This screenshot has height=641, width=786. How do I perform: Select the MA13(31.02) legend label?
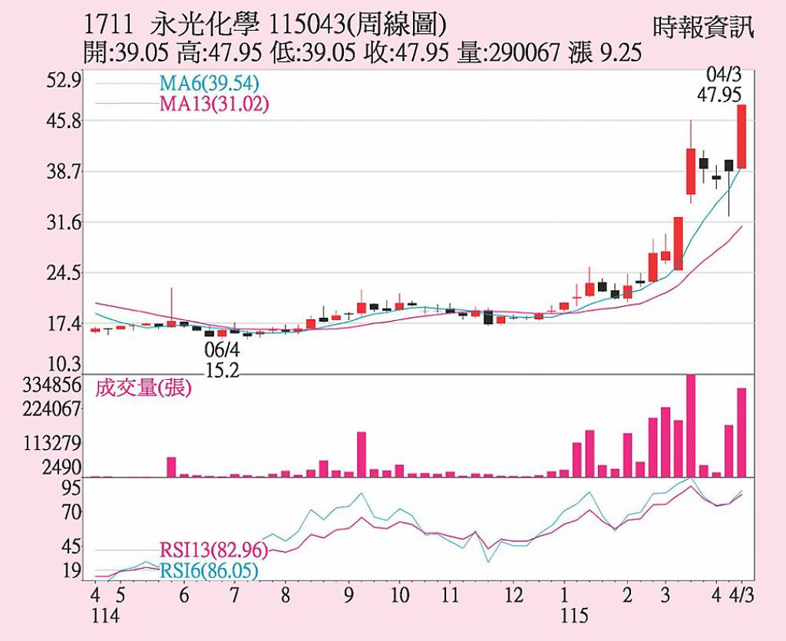(214, 104)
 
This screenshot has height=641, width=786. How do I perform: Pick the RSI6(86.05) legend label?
(209, 570)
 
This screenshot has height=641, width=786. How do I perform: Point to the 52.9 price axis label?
(62, 81)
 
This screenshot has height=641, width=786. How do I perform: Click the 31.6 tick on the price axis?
(62, 223)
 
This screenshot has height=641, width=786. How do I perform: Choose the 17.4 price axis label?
(62, 323)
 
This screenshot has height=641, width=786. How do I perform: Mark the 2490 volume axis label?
(62, 468)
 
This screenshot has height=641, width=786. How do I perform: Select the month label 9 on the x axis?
(348, 596)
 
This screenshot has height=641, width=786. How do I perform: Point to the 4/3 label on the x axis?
(741, 596)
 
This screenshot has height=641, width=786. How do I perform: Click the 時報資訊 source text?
(703, 28)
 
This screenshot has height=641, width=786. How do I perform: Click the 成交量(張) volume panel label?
(143, 388)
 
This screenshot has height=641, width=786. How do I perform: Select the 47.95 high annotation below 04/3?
(720, 94)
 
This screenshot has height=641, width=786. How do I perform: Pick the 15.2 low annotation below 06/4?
(222, 369)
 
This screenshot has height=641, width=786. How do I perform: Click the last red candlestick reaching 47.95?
(741, 137)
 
